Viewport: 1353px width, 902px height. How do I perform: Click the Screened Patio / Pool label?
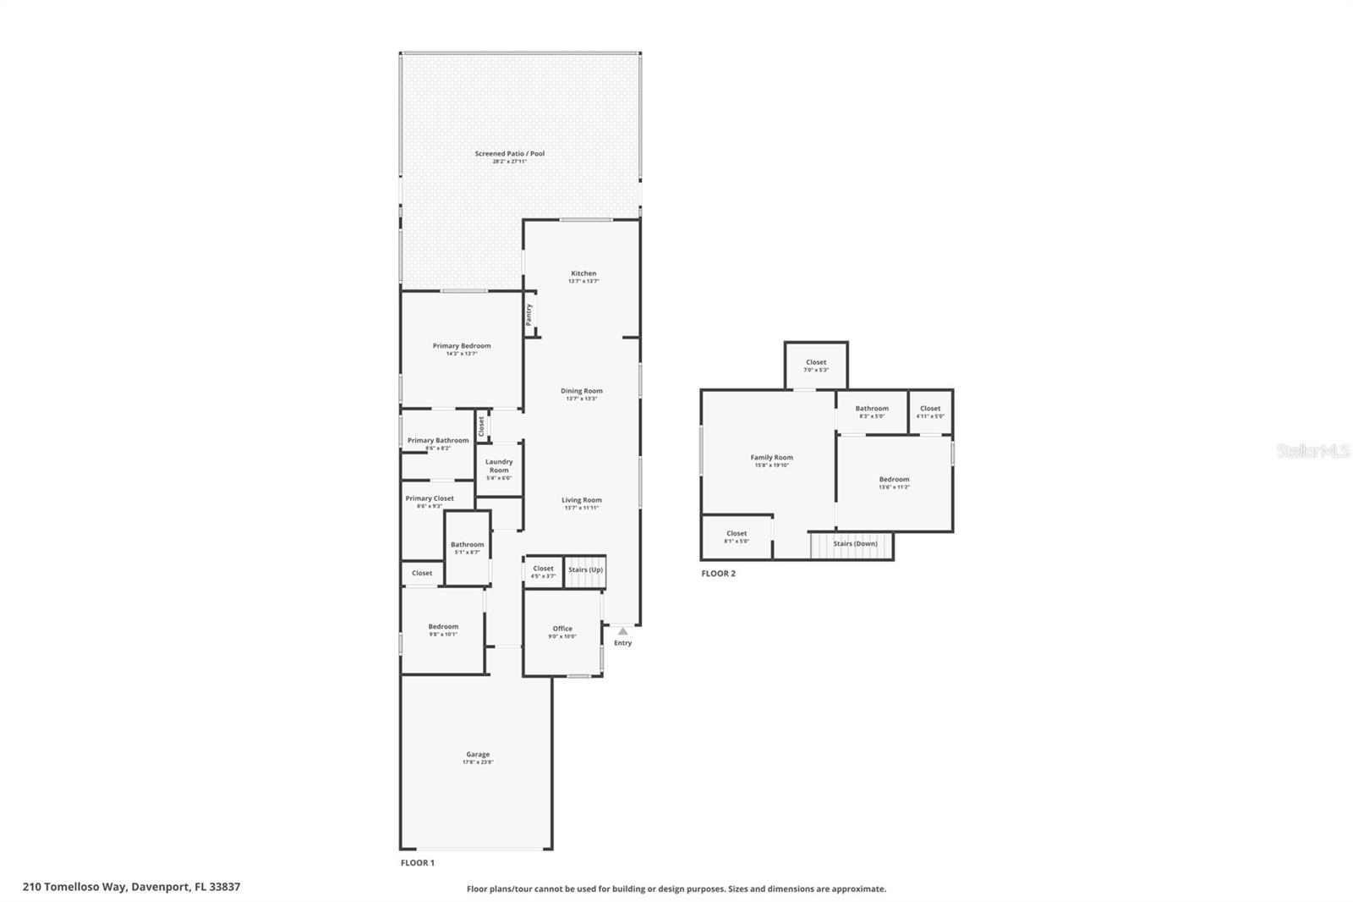[509, 154]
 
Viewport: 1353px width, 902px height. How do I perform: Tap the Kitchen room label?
[583, 273]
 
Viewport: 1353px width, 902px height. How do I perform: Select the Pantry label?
[529, 315]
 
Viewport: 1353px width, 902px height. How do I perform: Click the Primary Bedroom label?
[461, 346]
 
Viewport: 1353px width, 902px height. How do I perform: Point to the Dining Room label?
[582, 391]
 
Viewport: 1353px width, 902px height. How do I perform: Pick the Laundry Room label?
[499, 466]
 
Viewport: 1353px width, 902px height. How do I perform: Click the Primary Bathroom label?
[438, 441]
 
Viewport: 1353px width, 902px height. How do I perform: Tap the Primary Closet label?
[430, 498]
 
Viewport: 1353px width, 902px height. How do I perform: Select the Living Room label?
[582, 500]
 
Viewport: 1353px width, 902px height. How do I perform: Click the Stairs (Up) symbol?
[585, 570]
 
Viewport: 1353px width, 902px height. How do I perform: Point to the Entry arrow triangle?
[622, 631]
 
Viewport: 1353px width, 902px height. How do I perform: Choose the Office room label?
[562, 629]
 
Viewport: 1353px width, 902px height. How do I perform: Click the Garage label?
[478, 755]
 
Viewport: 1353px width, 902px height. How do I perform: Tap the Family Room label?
[771, 458]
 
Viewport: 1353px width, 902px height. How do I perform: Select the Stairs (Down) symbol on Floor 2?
[852, 544]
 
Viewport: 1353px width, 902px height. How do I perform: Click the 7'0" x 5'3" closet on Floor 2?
[816, 366]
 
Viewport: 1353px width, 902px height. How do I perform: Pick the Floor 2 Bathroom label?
[872, 409]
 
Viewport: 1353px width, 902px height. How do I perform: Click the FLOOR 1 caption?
[417, 863]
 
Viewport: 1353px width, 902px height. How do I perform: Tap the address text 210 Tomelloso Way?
[131, 887]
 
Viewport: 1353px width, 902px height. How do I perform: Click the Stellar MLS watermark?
[1312, 452]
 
